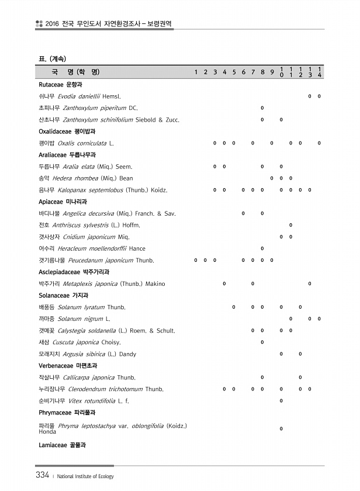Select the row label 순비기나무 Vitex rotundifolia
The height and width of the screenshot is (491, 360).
coord(84,400)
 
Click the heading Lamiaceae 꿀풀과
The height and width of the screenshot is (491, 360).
coord(62,445)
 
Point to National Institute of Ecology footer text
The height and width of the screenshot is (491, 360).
coord(85,476)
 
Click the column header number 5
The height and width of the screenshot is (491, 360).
coord(234,72)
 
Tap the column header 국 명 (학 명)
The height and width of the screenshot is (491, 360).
coord(75,72)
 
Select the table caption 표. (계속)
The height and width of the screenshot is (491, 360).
coord(52,58)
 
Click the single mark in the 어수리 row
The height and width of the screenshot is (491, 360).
coord(262,248)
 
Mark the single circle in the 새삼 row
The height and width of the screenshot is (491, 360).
coord(262,342)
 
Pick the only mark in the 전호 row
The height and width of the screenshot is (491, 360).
coord(291,225)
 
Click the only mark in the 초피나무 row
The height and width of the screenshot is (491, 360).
coord(262,108)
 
